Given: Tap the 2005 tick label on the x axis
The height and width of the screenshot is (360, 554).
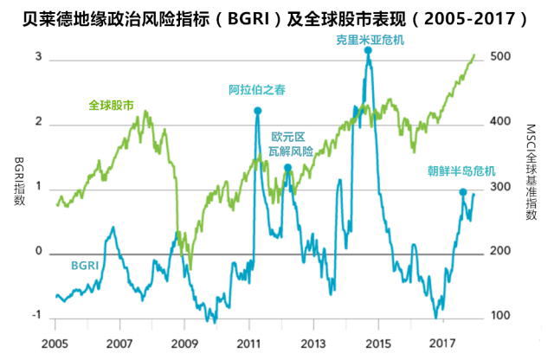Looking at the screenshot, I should [55, 343].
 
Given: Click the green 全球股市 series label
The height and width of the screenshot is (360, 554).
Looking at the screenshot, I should [111, 106].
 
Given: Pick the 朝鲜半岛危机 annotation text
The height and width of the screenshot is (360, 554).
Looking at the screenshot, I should [460, 170].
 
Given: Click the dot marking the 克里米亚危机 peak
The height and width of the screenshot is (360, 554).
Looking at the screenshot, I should [368, 51].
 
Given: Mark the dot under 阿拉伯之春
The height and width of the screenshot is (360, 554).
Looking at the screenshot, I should [257, 111].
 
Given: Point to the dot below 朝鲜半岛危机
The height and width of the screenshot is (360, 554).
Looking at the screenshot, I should [462, 192].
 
